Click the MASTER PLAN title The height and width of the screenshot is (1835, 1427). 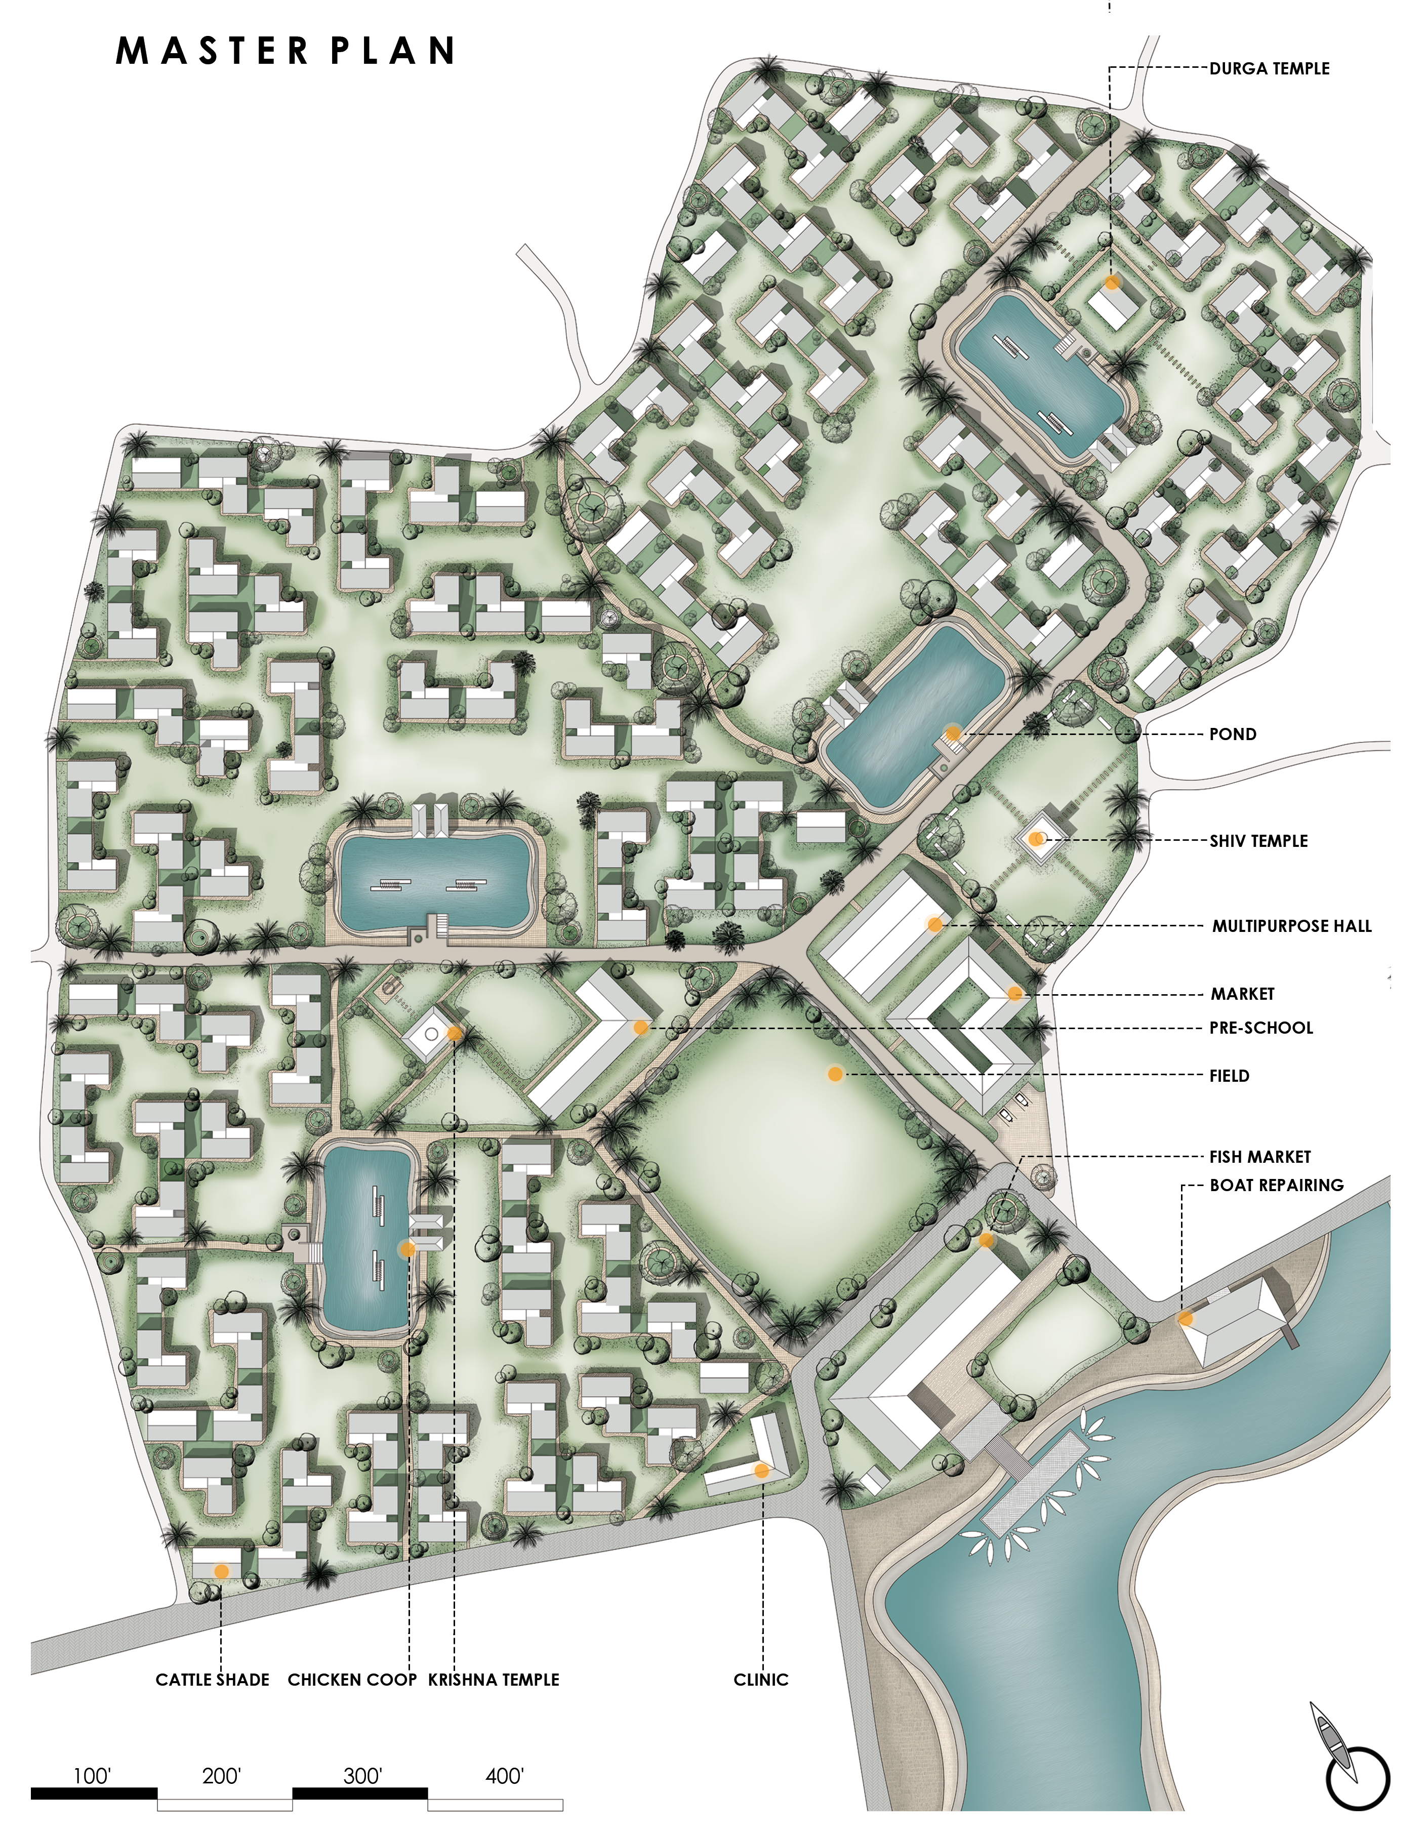coord(286,51)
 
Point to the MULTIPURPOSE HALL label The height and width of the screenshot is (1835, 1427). coord(1292,927)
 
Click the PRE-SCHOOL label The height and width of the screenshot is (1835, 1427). coord(1261,1028)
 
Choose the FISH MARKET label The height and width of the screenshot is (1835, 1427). coord(1260,1157)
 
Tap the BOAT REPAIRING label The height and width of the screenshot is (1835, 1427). coord(1277,1186)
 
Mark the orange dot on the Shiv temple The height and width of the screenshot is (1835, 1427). coord(1037,838)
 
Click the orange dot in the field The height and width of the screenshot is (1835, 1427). coord(835,1074)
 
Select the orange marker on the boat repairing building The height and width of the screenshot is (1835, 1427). coord(1185,1318)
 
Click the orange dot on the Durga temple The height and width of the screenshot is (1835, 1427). coord(1112,283)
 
